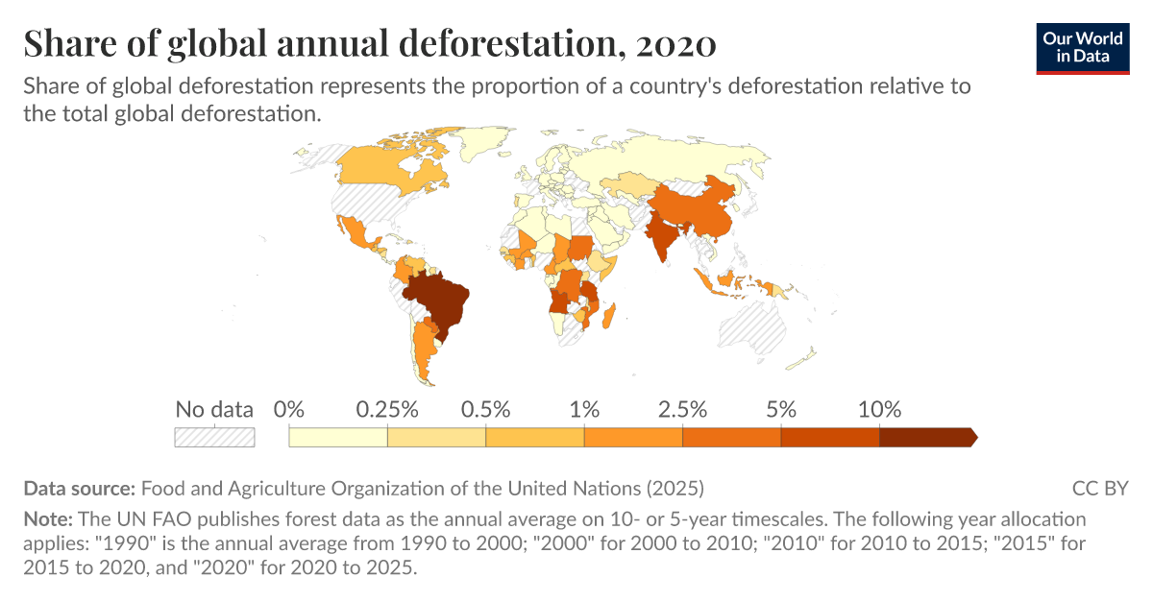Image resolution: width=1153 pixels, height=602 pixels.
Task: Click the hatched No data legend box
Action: (x=213, y=437)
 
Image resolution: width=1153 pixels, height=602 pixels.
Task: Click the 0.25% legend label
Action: (x=386, y=410)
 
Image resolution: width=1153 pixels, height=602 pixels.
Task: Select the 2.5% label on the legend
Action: (x=682, y=410)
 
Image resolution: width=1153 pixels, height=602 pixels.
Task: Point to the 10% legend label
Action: (x=879, y=410)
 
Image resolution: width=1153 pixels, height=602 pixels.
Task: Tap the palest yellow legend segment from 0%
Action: (x=337, y=437)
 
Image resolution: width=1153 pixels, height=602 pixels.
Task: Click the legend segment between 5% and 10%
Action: (x=830, y=437)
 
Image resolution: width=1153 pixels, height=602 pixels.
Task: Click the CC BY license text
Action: (x=1100, y=488)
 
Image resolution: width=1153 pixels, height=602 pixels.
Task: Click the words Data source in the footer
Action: (x=80, y=488)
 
